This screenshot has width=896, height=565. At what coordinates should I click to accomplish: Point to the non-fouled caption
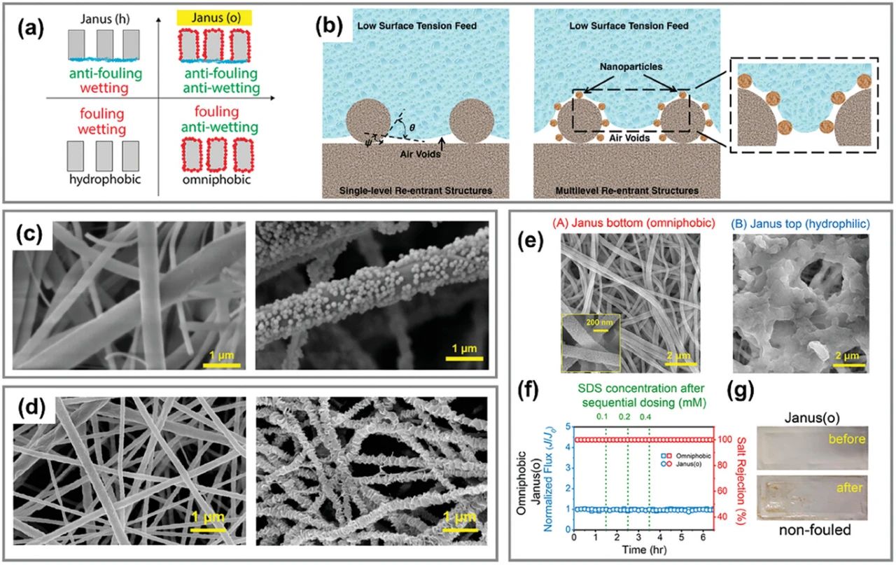812,531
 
